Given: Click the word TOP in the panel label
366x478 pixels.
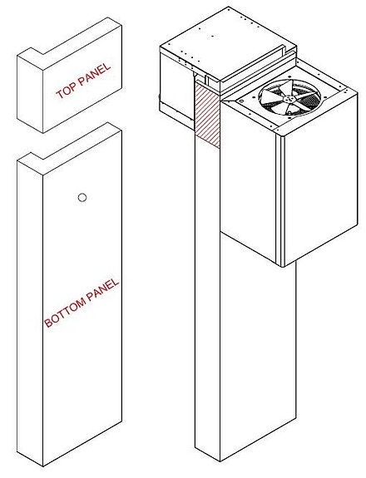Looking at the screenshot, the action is (x=64, y=91).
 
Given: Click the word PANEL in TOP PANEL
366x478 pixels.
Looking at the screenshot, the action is (x=93, y=75).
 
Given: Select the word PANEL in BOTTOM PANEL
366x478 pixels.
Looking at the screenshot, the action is (x=102, y=289).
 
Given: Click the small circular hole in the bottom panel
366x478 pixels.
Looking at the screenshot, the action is (x=82, y=198).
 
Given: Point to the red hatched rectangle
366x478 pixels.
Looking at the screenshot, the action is (x=207, y=115).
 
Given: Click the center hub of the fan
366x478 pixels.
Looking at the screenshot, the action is (x=288, y=99).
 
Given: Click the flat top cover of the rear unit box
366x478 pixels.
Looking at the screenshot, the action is (x=227, y=42).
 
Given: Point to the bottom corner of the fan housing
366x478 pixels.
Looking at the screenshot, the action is (x=282, y=267).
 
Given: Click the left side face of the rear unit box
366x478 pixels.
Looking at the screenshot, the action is (x=177, y=88).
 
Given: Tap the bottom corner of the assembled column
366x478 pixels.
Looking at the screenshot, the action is (x=220, y=461).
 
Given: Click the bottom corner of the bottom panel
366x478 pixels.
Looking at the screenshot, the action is (x=42, y=466).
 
